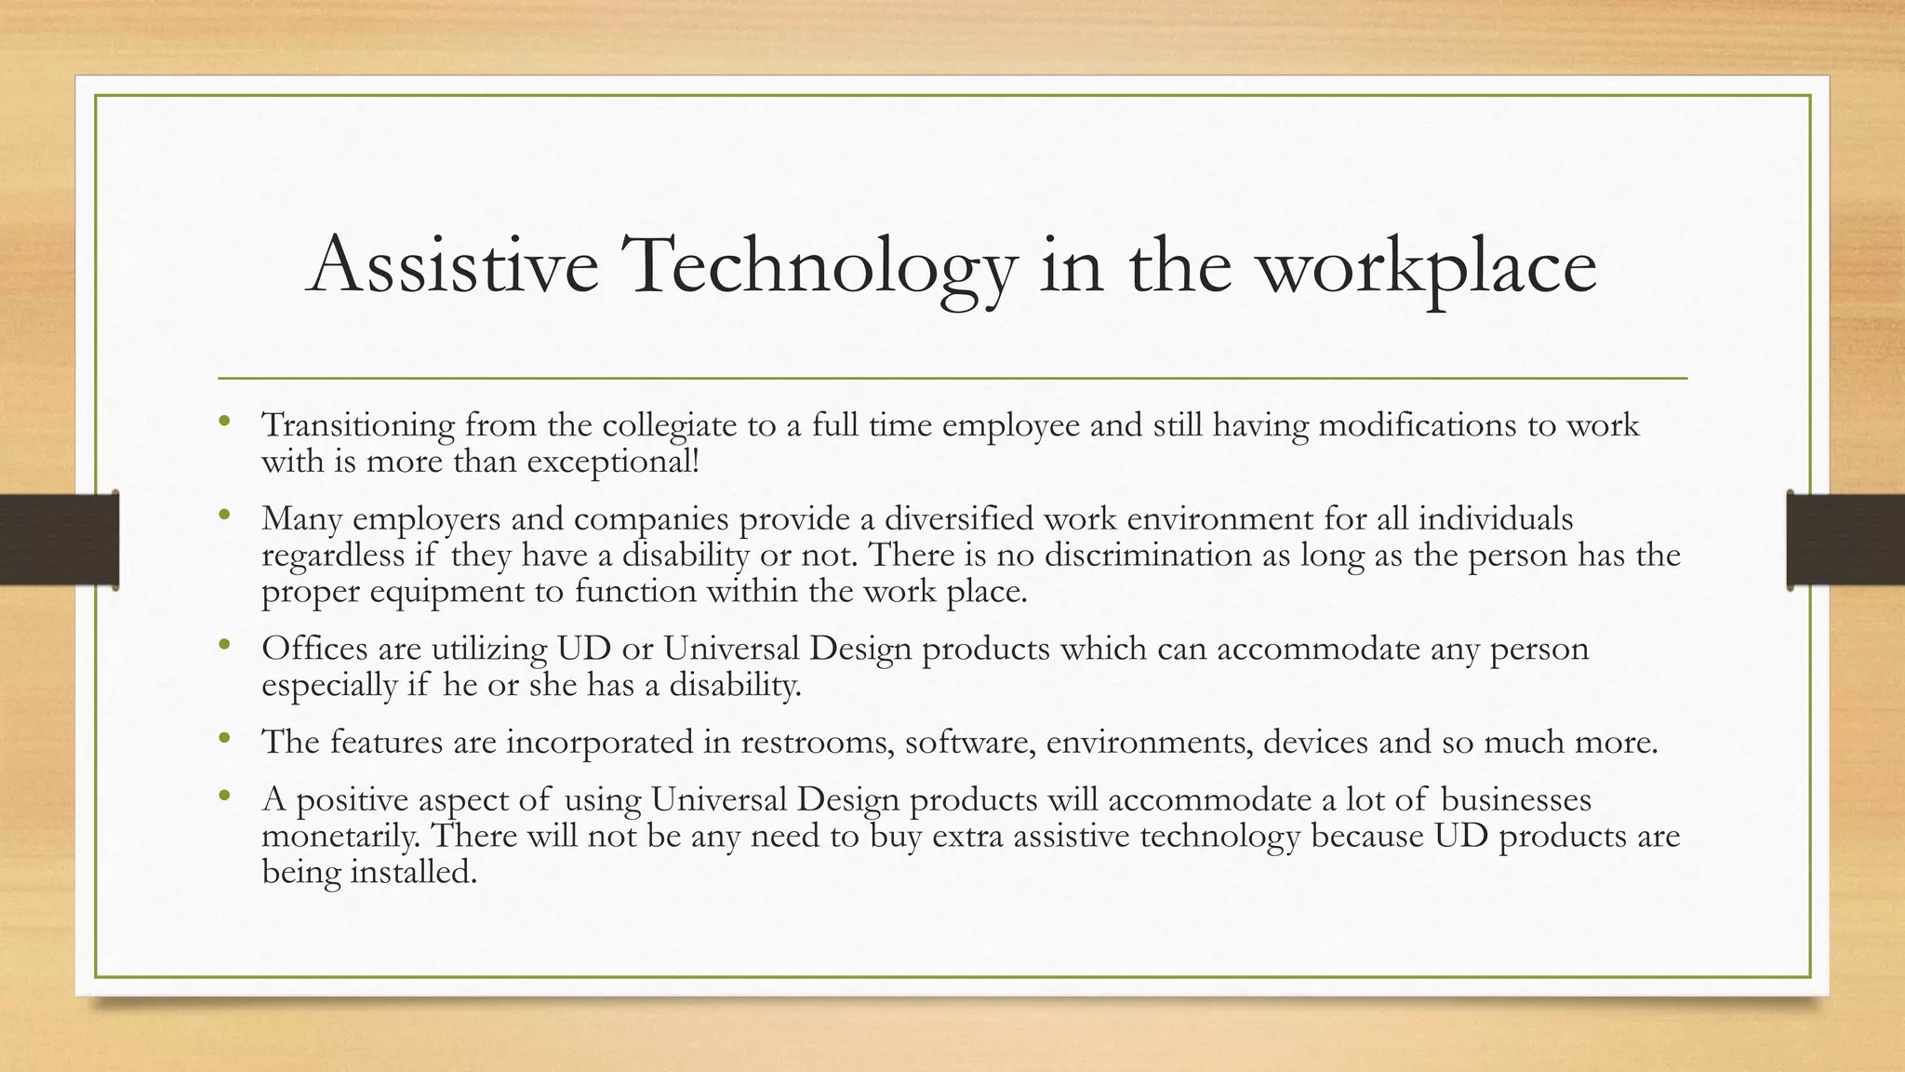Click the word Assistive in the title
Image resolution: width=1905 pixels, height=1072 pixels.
453,265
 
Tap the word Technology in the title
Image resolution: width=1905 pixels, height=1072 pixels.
820,265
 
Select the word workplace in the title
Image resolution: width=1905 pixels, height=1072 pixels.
1428,267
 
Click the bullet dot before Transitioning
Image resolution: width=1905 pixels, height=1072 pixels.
223,422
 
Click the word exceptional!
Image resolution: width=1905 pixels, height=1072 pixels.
612,462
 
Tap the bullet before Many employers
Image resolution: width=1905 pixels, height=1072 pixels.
223,515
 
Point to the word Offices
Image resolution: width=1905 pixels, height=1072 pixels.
313,648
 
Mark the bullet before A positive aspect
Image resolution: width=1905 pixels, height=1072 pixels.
223,796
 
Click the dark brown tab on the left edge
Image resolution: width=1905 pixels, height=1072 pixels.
59,540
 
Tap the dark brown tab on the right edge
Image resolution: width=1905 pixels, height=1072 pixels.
1845,540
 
